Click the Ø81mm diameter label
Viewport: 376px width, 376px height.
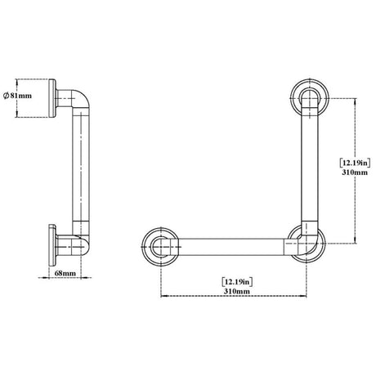tap(17, 96)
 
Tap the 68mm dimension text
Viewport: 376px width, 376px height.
tap(65, 273)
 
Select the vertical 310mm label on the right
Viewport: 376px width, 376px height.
tap(355, 172)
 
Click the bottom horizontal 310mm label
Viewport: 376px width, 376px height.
tap(237, 291)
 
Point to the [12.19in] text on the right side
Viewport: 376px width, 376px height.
tap(355, 163)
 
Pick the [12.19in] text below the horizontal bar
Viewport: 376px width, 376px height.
tap(237, 282)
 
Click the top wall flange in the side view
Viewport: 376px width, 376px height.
tap(52, 98)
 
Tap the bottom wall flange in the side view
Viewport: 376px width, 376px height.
tap(52, 245)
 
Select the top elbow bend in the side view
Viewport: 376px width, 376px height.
tap(81, 99)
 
